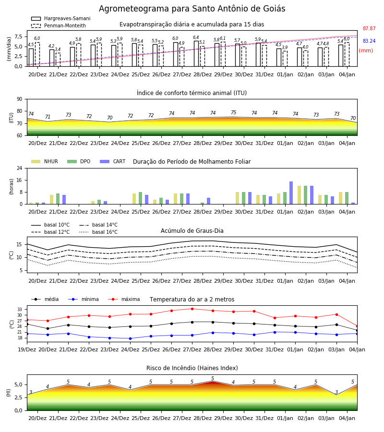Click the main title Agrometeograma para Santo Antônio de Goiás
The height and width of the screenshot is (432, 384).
(192, 9)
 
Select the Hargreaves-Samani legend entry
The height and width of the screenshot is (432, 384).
(61, 18)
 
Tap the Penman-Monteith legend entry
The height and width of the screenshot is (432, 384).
(59, 25)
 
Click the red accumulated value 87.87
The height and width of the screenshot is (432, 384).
(369, 28)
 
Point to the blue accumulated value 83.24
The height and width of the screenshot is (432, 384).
(369, 41)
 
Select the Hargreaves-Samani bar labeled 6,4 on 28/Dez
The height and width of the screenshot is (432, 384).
(196, 54)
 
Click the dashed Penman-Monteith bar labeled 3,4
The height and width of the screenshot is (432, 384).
(58, 60)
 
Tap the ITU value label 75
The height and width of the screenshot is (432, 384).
(234, 112)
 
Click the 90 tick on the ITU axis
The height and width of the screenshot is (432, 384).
(20, 99)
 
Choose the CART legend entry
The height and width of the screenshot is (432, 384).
(113, 161)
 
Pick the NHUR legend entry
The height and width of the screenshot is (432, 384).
(45, 161)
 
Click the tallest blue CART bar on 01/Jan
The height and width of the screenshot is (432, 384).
(291, 193)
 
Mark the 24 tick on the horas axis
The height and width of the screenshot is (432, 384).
(20, 168)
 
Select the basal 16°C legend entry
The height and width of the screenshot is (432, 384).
(98, 232)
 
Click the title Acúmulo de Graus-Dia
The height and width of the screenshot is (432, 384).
(192, 230)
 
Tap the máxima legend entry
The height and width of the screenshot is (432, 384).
(124, 299)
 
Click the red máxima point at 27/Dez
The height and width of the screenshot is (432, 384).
(192, 309)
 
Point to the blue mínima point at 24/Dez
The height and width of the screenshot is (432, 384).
(130, 338)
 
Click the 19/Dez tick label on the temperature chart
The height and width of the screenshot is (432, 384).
(27, 349)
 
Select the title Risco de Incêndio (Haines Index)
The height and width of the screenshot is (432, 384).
(192, 368)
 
